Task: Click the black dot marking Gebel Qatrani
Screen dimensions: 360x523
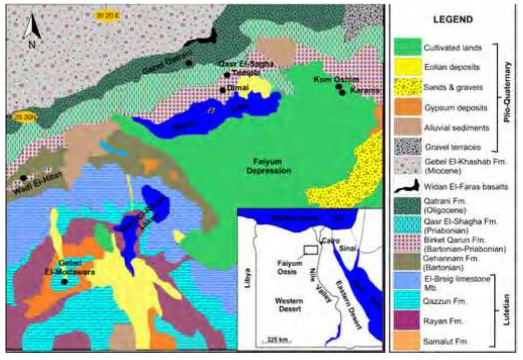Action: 188,63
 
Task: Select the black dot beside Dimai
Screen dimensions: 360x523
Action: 222,90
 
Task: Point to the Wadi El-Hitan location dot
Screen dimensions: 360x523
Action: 24,178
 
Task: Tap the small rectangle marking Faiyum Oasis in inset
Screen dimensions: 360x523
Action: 310,249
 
